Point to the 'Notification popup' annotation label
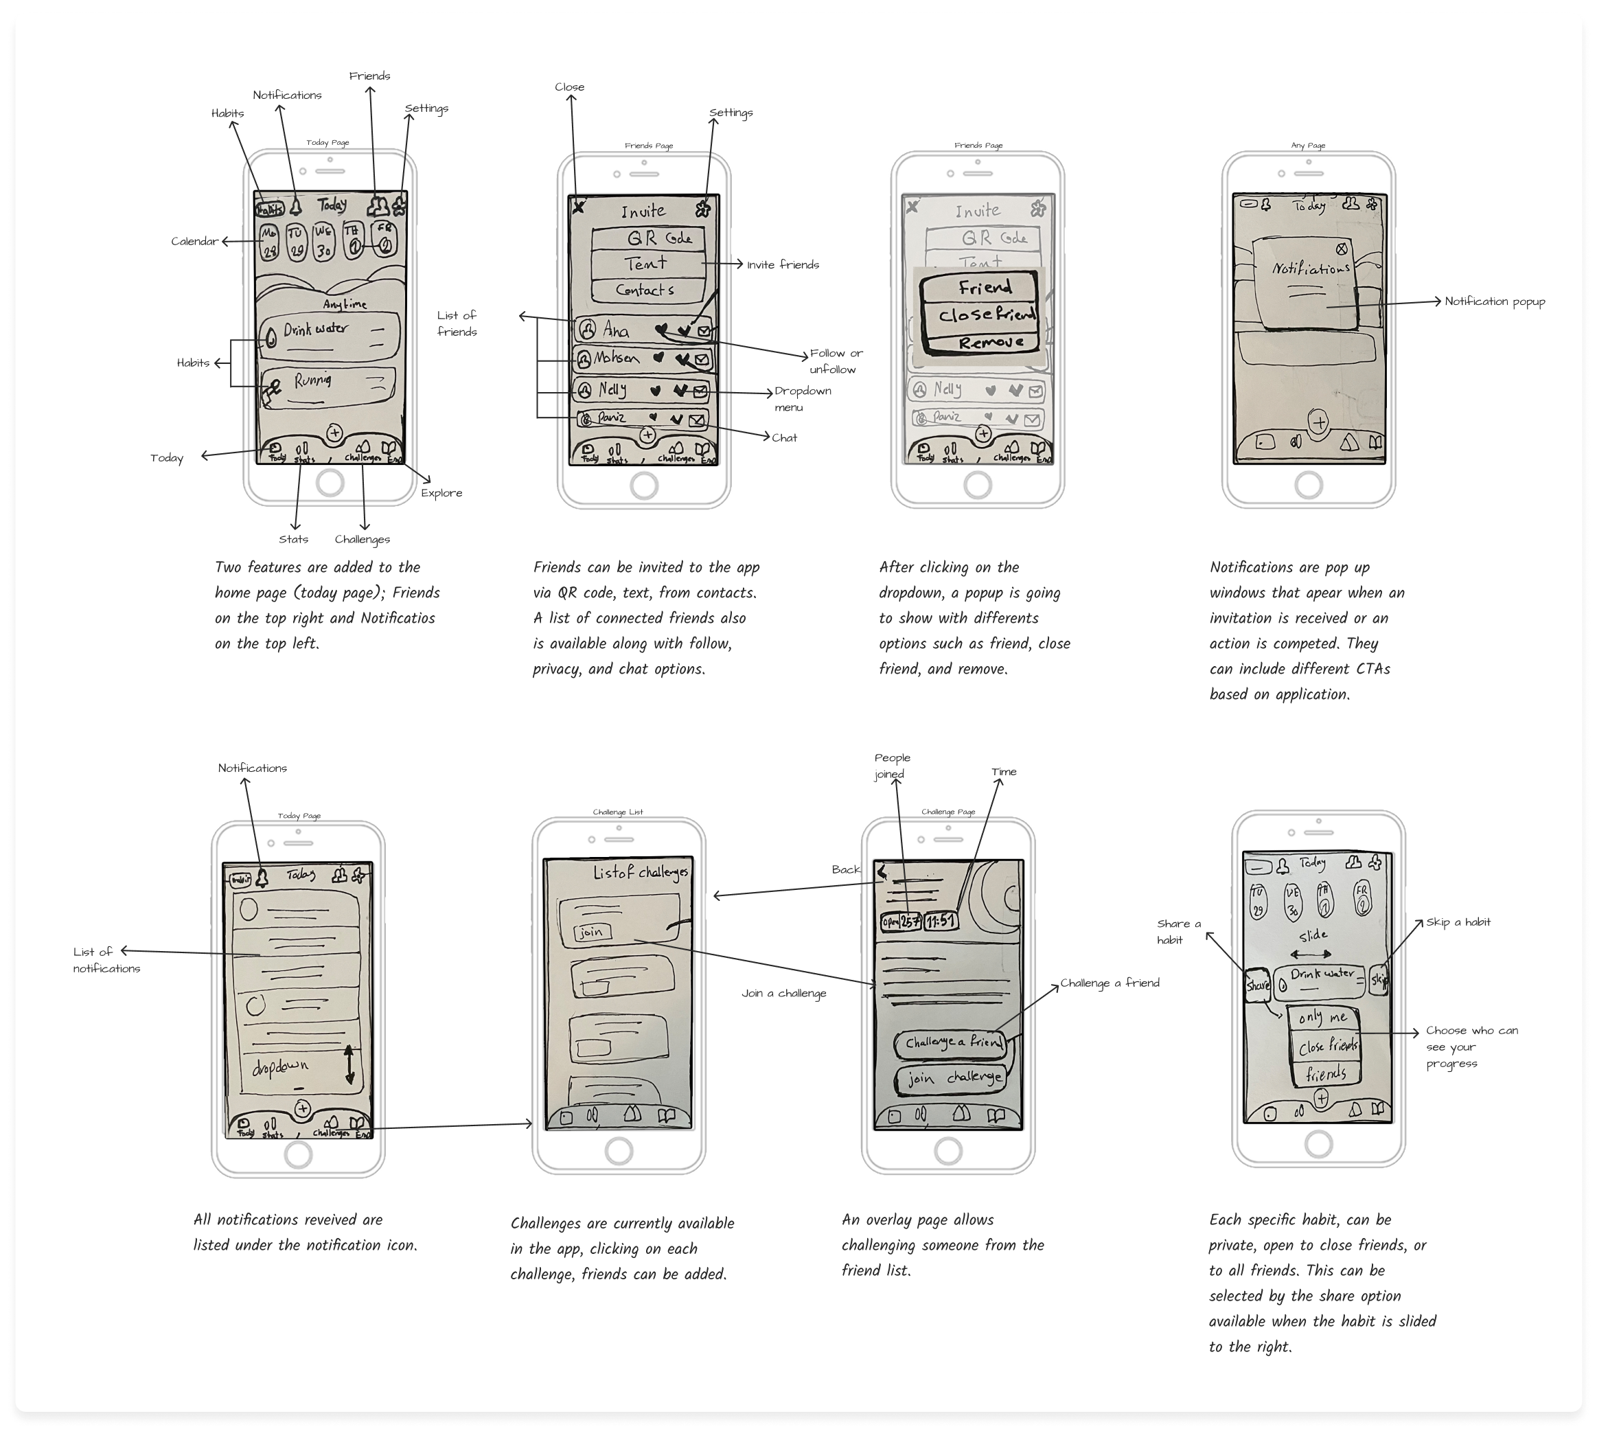pyautogui.click(x=1495, y=301)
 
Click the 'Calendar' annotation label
pyautogui.click(x=194, y=242)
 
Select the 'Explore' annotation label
pyautogui.click(x=441, y=493)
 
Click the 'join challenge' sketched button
pyautogui.click(x=953, y=1079)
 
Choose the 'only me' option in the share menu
pyautogui.click(x=1322, y=1018)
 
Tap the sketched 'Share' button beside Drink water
pyautogui.click(x=1257, y=985)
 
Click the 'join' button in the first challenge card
pyautogui.click(x=590, y=933)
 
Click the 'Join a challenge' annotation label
pyautogui.click(x=783, y=994)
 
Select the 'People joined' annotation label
pyautogui.click(x=892, y=766)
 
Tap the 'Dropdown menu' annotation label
pyautogui.click(x=803, y=399)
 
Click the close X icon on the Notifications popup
pyautogui.click(x=1342, y=249)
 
